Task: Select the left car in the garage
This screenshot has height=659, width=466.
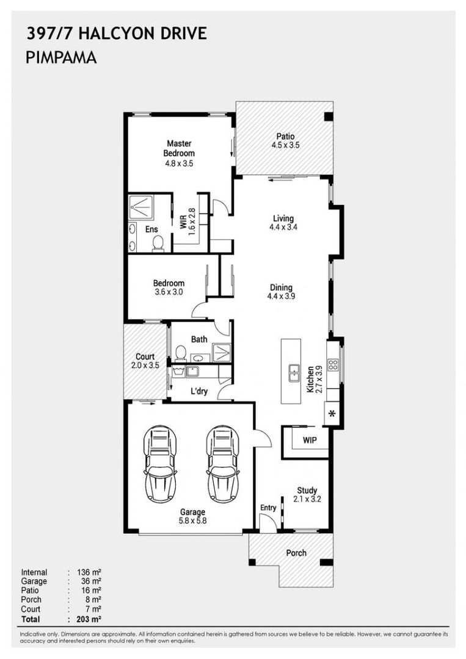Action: coord(160,464)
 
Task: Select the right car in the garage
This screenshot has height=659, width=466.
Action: coord(222,464)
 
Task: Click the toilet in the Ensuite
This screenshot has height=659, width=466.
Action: coord(158,243)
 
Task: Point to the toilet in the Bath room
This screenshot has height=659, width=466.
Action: coord(181,353)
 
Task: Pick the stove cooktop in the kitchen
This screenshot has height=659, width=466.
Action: coord(333,366)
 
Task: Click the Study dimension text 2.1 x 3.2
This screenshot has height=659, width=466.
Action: coord(307,499)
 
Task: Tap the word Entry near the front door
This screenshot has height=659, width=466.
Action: coord(268,508)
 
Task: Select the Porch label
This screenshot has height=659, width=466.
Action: coord(296,553)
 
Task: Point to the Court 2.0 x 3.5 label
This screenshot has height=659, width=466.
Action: coord(145,361)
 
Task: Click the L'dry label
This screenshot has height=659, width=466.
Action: coord(199,392)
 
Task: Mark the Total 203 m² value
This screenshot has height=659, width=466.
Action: coord(90,619)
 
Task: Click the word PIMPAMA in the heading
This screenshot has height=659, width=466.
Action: coord(62,58)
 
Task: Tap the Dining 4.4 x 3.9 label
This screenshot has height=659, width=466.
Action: coord(281,292)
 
